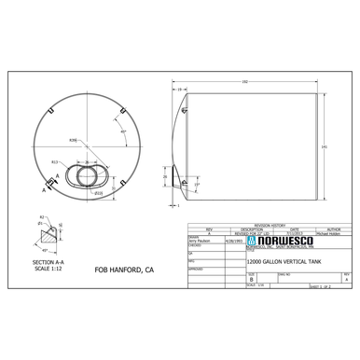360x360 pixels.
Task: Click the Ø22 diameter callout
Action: click(98, 192)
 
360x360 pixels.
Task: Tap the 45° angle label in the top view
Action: click(123, 132)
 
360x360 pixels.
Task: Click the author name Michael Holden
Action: click(331, 233)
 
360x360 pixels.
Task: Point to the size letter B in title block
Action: click(251, 278)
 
